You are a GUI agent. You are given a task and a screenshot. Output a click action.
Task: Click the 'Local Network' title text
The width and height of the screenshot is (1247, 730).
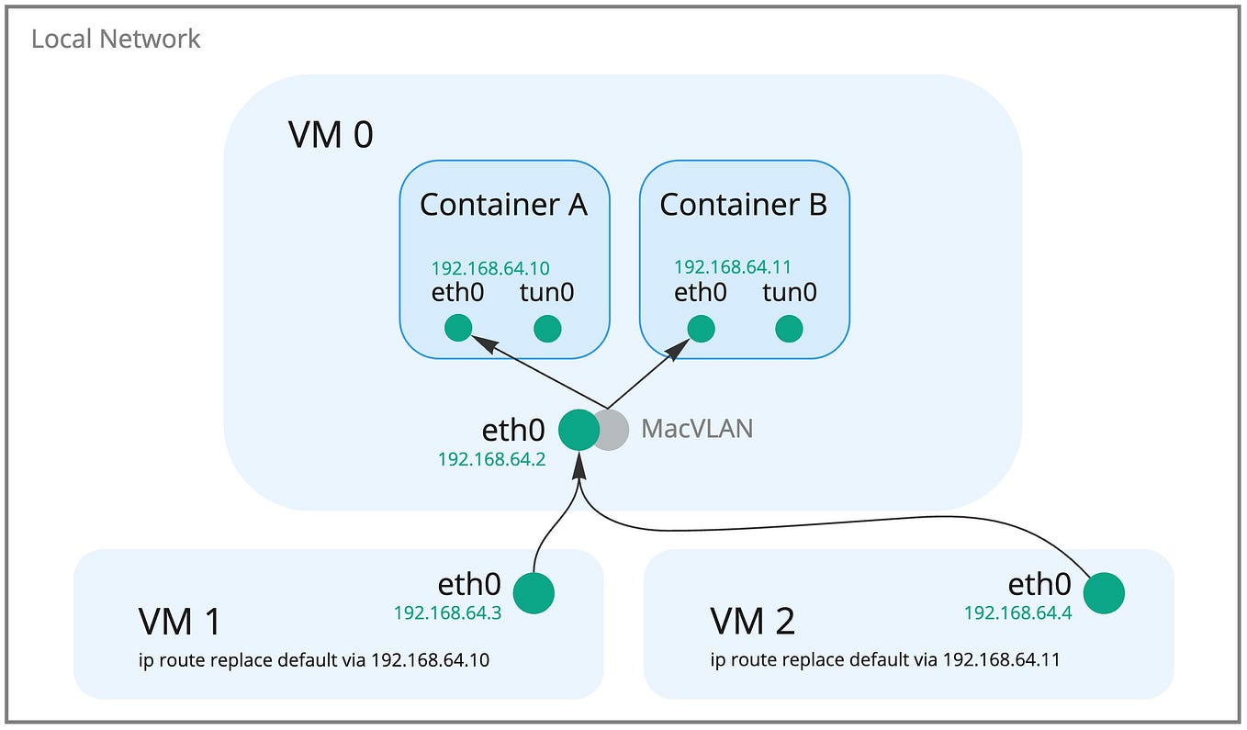click(x=116, y=39)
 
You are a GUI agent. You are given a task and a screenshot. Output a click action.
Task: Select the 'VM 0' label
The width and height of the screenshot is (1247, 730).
click(x=331, y=136)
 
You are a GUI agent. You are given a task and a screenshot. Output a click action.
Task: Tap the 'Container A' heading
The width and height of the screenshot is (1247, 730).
click(x=503, y=205)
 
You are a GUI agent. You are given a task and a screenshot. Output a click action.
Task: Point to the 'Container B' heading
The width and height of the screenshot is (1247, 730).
click(x=743, y=205)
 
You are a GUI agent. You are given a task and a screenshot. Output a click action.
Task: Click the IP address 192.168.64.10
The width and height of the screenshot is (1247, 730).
click(x=490, y=268)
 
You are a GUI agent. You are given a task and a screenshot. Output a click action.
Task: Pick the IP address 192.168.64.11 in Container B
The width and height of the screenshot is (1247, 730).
click(x=732, y=267)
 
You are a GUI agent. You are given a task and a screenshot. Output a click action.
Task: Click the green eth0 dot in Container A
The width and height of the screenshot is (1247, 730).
click(x=458, y=328)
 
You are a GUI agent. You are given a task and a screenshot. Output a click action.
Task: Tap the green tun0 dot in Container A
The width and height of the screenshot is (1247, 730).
click(x=547, y=328)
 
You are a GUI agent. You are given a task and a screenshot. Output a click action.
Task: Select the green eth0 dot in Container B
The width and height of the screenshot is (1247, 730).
click(x=701, y=328)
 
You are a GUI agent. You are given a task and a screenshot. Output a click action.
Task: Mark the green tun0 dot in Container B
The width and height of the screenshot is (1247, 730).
click(x=789, y=328)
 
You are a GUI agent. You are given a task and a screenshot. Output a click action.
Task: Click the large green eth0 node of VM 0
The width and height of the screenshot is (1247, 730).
click(x=579, y=430)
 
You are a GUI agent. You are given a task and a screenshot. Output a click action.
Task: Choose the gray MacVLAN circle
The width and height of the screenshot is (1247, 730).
click(x=612, y=430)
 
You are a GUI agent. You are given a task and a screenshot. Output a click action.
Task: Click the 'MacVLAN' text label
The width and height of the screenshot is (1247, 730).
click(x=697, y=429)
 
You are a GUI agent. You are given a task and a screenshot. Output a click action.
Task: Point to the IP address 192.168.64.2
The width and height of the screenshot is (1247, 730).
click(x=491, y=459)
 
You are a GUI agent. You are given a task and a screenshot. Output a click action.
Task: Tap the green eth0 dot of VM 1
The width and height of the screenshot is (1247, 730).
click(x=534, y=593)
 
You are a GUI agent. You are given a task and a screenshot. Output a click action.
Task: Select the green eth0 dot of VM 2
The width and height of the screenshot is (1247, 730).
click(x=1104, y=593)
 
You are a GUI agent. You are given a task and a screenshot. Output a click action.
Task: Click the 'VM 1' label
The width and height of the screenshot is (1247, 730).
click(x=180, y=623)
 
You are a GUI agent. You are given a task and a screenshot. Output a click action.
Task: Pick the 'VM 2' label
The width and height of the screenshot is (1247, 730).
click(x=752, y=623)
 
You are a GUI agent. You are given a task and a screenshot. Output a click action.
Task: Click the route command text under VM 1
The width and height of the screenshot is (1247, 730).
click(x=314, y=660)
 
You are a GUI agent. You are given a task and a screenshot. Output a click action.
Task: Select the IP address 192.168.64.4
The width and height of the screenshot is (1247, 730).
click(x=1017, y=612)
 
